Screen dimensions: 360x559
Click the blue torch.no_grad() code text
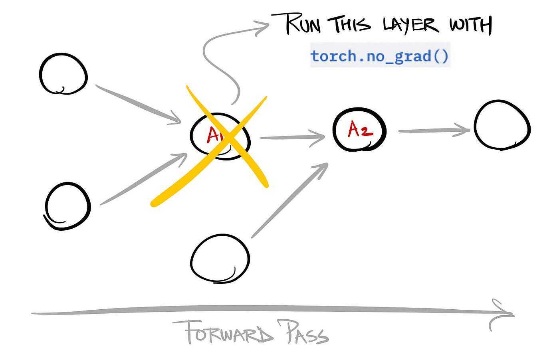(380, 56)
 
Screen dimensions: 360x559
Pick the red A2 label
(360, 130)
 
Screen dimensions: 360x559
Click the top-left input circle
(63, 75)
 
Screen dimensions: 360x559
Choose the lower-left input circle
(67, 206)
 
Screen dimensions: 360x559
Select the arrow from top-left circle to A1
(138, 103)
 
